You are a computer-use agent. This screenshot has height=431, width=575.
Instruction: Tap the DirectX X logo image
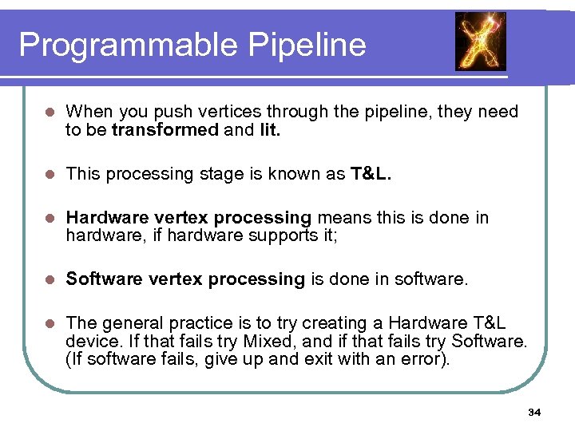[x=480, y=42]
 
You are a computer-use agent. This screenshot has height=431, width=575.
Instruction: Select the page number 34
[x=534, y=413]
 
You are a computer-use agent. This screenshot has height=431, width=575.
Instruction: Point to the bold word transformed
[x=165, y=130]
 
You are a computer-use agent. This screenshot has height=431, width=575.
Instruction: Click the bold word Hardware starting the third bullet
[x=102, y=218]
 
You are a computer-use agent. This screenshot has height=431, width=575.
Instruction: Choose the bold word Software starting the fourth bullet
[x=100, y=279]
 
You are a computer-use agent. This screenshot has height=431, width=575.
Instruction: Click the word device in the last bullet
[x=92, y=342]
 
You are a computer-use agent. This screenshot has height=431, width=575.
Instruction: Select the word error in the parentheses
[x=426, y=359]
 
